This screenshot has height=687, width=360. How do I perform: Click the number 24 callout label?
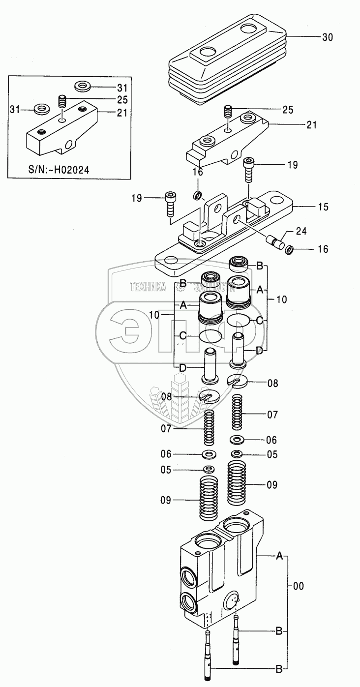(x=301, y=231)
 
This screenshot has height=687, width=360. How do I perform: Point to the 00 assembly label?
(x=299, y=586)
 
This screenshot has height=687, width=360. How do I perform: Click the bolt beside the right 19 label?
(x=249, y=170)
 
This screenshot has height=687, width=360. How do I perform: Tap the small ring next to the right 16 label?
(x=289, y=250)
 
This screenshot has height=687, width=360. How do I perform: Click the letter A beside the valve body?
(x=279, y=556)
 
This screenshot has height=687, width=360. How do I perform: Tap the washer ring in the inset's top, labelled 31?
(x=83, y=88)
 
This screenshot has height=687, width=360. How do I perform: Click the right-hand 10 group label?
(x=281, y=299)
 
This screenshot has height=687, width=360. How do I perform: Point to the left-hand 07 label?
(x=166, y=429)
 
